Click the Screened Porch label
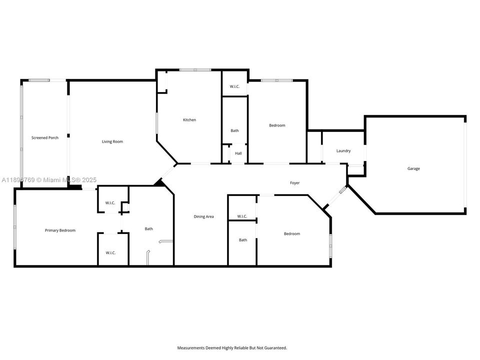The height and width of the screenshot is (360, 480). [45, 137]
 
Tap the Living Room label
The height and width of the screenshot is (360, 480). [112, 141]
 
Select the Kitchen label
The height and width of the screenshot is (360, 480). [189, 119]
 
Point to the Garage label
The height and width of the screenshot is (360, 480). [413, 168]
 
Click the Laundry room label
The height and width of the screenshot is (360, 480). [343, 150]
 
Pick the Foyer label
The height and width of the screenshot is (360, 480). [295, 183]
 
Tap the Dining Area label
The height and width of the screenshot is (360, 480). [204, 216]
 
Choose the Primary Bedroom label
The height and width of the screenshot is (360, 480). [60, 230]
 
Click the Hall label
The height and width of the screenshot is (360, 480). [238, 153]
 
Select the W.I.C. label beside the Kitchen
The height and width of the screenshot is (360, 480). [234, 86]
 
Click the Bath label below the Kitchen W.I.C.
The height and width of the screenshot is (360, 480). [234, 130]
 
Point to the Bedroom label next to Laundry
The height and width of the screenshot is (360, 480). [277, 125]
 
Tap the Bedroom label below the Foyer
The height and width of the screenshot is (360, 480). [292, 233]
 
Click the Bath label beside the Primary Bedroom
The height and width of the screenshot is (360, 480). [149, 228]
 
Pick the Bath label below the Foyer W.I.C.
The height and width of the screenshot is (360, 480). [243, 240]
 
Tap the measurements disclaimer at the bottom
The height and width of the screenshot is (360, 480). [232, 347]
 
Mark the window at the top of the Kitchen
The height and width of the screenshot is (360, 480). [195, 70]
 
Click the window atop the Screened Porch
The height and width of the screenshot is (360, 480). [39, 80]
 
